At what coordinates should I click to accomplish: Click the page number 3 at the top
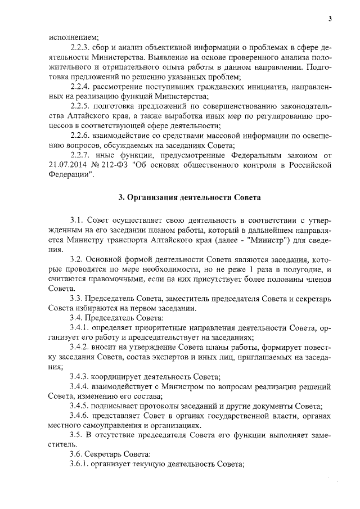coord(331,20)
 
